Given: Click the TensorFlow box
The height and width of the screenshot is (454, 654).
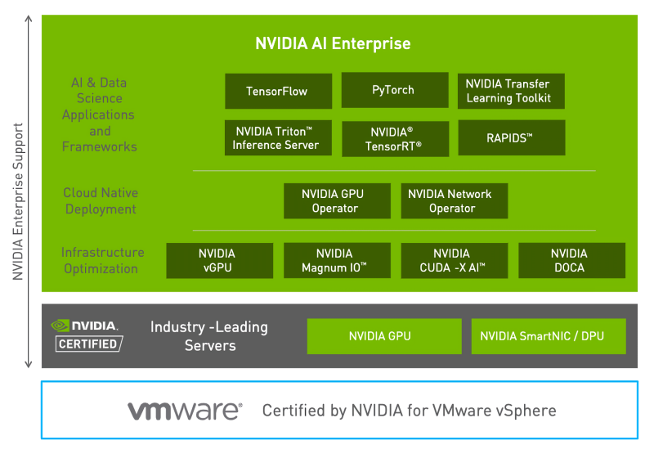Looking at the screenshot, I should [278, 91].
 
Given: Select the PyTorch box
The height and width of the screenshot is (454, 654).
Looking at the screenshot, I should [394, 90].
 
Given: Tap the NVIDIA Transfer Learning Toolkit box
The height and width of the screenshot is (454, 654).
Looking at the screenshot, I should [510, 91].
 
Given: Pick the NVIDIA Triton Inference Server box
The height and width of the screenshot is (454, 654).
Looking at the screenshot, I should [278, 138].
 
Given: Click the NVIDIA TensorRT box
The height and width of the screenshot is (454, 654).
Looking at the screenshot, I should [395, 138].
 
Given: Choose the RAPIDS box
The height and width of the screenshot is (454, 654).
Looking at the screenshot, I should [510, 138].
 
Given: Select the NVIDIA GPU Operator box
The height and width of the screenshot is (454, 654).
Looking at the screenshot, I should [336, 201].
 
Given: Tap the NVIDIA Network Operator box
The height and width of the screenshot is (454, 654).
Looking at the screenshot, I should [453, 201].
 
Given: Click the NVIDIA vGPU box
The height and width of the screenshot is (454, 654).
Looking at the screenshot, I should [219, 260].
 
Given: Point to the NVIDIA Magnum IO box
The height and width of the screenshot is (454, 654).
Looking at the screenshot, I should [336, 260].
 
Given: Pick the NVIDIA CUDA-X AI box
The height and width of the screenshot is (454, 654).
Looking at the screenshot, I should [453, 260].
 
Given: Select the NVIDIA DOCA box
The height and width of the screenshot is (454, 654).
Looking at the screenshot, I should [571, 260].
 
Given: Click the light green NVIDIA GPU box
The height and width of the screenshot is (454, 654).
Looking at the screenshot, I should [380, 336].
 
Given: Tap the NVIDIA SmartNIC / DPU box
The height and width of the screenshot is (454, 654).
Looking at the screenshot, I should [548, 336].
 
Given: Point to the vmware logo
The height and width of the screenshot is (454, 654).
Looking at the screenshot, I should [184, 410].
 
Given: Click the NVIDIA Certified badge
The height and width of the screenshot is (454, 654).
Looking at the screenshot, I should [87, 335].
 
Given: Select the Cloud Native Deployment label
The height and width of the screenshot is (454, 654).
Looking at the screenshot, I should [101, 201].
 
